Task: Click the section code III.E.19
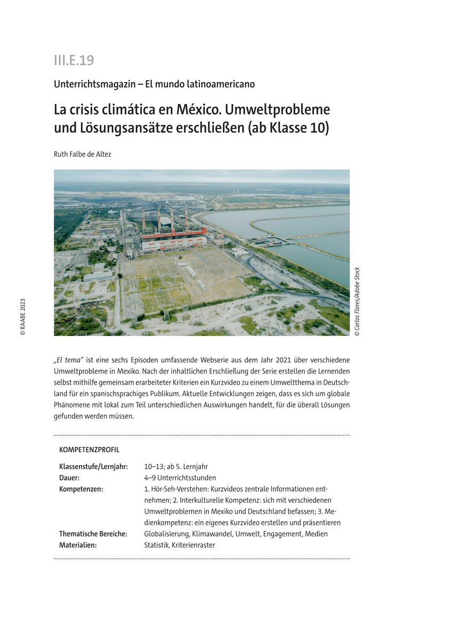tap(74, 60)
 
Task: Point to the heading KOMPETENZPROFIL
tap(89, 450)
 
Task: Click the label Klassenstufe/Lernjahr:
tap(93, 467)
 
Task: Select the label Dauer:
tap(69, 478)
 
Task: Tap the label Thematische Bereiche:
tap(93, 533)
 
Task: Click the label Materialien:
tap(78, 545)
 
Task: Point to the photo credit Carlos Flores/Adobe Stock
tap(357, 302)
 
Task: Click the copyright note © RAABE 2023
tap(22, 316)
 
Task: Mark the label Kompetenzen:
tap(81, 489)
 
